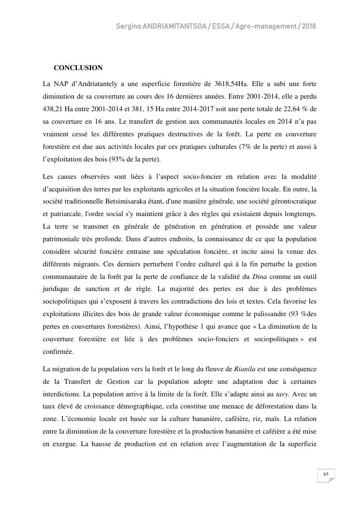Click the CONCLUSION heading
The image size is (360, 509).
click(78, 68)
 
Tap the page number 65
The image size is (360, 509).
click(326, 475)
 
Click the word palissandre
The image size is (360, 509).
click(272, 314)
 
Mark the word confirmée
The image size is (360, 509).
click(58, 352)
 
